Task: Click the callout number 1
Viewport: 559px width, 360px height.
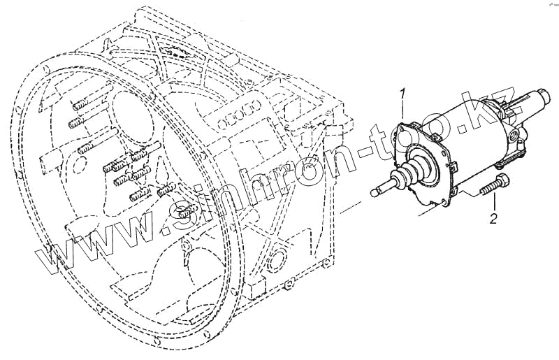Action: click(x=402, y=94)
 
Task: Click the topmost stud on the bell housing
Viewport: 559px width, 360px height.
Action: click(x=79, y=106)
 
